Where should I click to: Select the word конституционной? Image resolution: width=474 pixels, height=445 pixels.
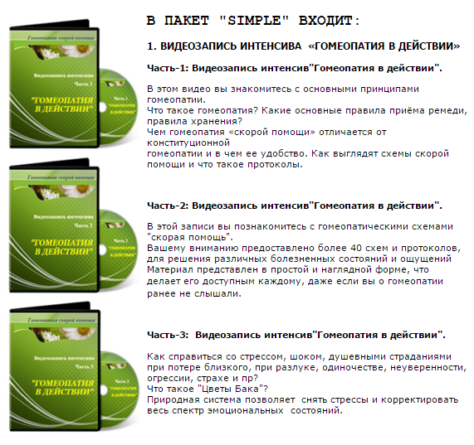coord(188,142)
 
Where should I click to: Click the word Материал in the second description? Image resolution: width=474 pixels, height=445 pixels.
coord(172,270)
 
